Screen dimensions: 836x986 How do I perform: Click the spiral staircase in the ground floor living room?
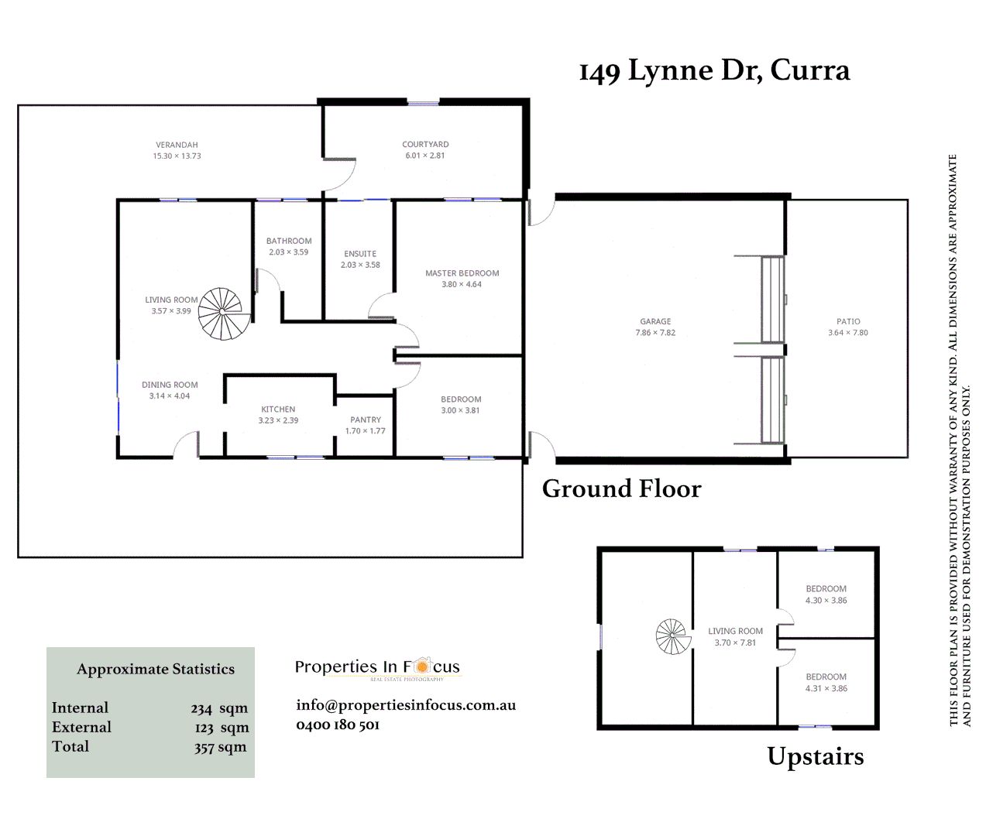pos(223,313)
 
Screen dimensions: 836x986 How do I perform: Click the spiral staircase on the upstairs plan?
pos(672,637)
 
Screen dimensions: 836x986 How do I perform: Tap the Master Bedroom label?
pos(462,273)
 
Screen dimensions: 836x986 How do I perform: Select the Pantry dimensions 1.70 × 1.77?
pos(365,431)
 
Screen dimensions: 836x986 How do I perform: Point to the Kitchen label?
pos(278,409)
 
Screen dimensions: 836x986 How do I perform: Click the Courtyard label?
pos(425,145)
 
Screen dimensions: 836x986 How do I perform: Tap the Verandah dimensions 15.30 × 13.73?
pos(177,156)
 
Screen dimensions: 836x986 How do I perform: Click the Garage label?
pos(655,321)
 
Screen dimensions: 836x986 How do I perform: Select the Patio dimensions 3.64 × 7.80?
pos(848,333)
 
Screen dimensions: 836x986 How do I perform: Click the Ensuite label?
pos(360,254)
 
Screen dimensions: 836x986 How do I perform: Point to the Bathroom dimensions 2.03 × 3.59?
pos(289,252)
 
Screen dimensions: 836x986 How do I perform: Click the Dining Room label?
pos(170,385)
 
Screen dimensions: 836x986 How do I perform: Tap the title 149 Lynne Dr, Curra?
pos(714,70)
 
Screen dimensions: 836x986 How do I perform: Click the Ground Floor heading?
pos(621,489)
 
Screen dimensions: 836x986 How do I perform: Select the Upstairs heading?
pos(815,756)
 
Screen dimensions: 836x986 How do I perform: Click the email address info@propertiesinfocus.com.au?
pos(406,705)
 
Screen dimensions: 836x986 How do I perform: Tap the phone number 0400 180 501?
pos(338,725)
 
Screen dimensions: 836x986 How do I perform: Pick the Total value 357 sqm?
pos(220,747)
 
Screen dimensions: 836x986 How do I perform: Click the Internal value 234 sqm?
pos(219,708)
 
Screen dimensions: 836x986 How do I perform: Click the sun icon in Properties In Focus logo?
pos(421,666)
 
